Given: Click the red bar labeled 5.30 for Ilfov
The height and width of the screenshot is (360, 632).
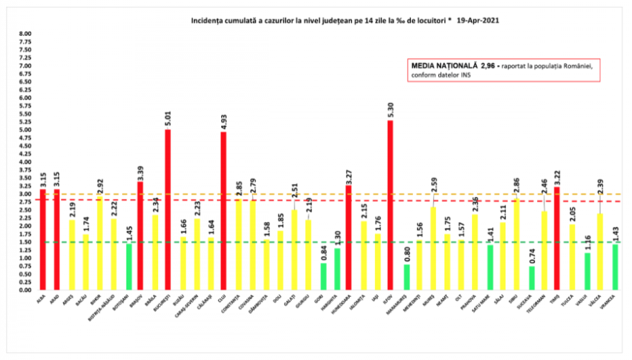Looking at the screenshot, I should click(x=390, y=205).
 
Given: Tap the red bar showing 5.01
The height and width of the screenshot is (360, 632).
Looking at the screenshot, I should click(x=168, y=209).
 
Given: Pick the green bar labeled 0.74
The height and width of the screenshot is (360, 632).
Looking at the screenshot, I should click(x=531, y=277).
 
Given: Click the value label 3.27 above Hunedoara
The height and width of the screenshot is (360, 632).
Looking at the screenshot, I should click(x=350, y=175).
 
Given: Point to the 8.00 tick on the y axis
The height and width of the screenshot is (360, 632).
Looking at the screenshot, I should click(x=25, y=34).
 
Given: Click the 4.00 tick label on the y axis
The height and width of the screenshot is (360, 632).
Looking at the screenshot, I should click(x=25, y=162).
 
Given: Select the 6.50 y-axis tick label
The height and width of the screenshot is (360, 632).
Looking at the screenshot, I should click(x=25, y=82).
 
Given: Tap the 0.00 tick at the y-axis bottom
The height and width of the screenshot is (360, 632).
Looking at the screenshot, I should click(x=25, y=290).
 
